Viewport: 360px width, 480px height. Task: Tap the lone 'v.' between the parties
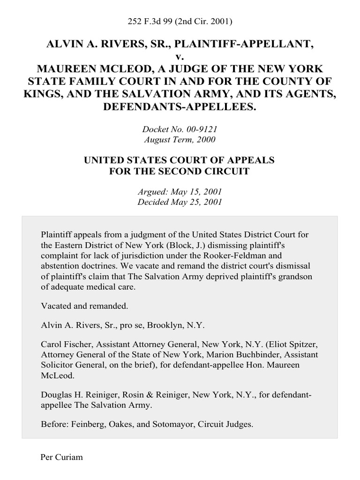point(180,57)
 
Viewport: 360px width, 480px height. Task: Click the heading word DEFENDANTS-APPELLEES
point(180,106)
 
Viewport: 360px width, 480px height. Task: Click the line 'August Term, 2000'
point(180,139)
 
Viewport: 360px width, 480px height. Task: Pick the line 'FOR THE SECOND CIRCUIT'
point(180,172)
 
